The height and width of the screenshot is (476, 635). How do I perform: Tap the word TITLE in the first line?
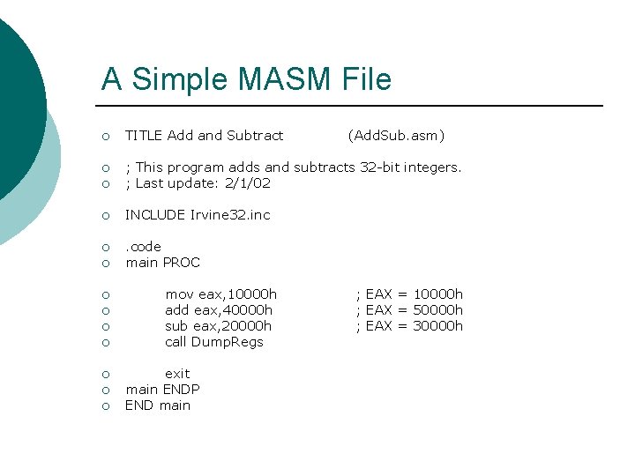coord(144,136)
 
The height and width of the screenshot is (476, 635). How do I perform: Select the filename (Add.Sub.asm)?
coord(396,136)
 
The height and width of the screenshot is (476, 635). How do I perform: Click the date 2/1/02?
coord(249,183)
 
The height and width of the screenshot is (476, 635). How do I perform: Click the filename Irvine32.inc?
coord(230,215)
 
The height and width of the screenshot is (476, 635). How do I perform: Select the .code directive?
coord(144,247)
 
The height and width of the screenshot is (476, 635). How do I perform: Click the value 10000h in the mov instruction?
coord(252,294)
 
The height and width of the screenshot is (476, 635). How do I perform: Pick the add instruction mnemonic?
coord(177,310)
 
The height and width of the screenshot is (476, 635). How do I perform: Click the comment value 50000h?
coord(438,310)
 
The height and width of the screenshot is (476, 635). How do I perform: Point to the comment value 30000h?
coord(438,326)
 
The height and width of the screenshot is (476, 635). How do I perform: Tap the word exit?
coord(177,374)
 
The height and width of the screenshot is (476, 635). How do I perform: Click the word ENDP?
coord(182,390)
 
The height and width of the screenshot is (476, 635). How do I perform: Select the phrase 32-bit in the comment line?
coord(379,167)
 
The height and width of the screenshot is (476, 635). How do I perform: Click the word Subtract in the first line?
coord(255,136)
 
